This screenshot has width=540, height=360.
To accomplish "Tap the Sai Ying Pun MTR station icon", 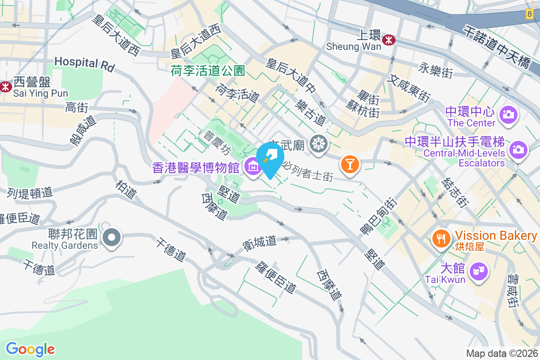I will point(5,86).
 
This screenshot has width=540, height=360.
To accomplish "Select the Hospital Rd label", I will point(85,64).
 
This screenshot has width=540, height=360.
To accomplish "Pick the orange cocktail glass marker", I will point(350,164).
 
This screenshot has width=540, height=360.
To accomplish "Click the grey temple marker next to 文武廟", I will point(319,144).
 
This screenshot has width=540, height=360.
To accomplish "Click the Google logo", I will point(30,349).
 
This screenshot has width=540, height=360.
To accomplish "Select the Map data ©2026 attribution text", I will point(502,354).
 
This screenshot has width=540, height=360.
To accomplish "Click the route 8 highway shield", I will point(529,14).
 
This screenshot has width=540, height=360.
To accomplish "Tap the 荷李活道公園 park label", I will point(207,71).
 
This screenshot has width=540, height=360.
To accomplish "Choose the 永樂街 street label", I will point(435,71).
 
